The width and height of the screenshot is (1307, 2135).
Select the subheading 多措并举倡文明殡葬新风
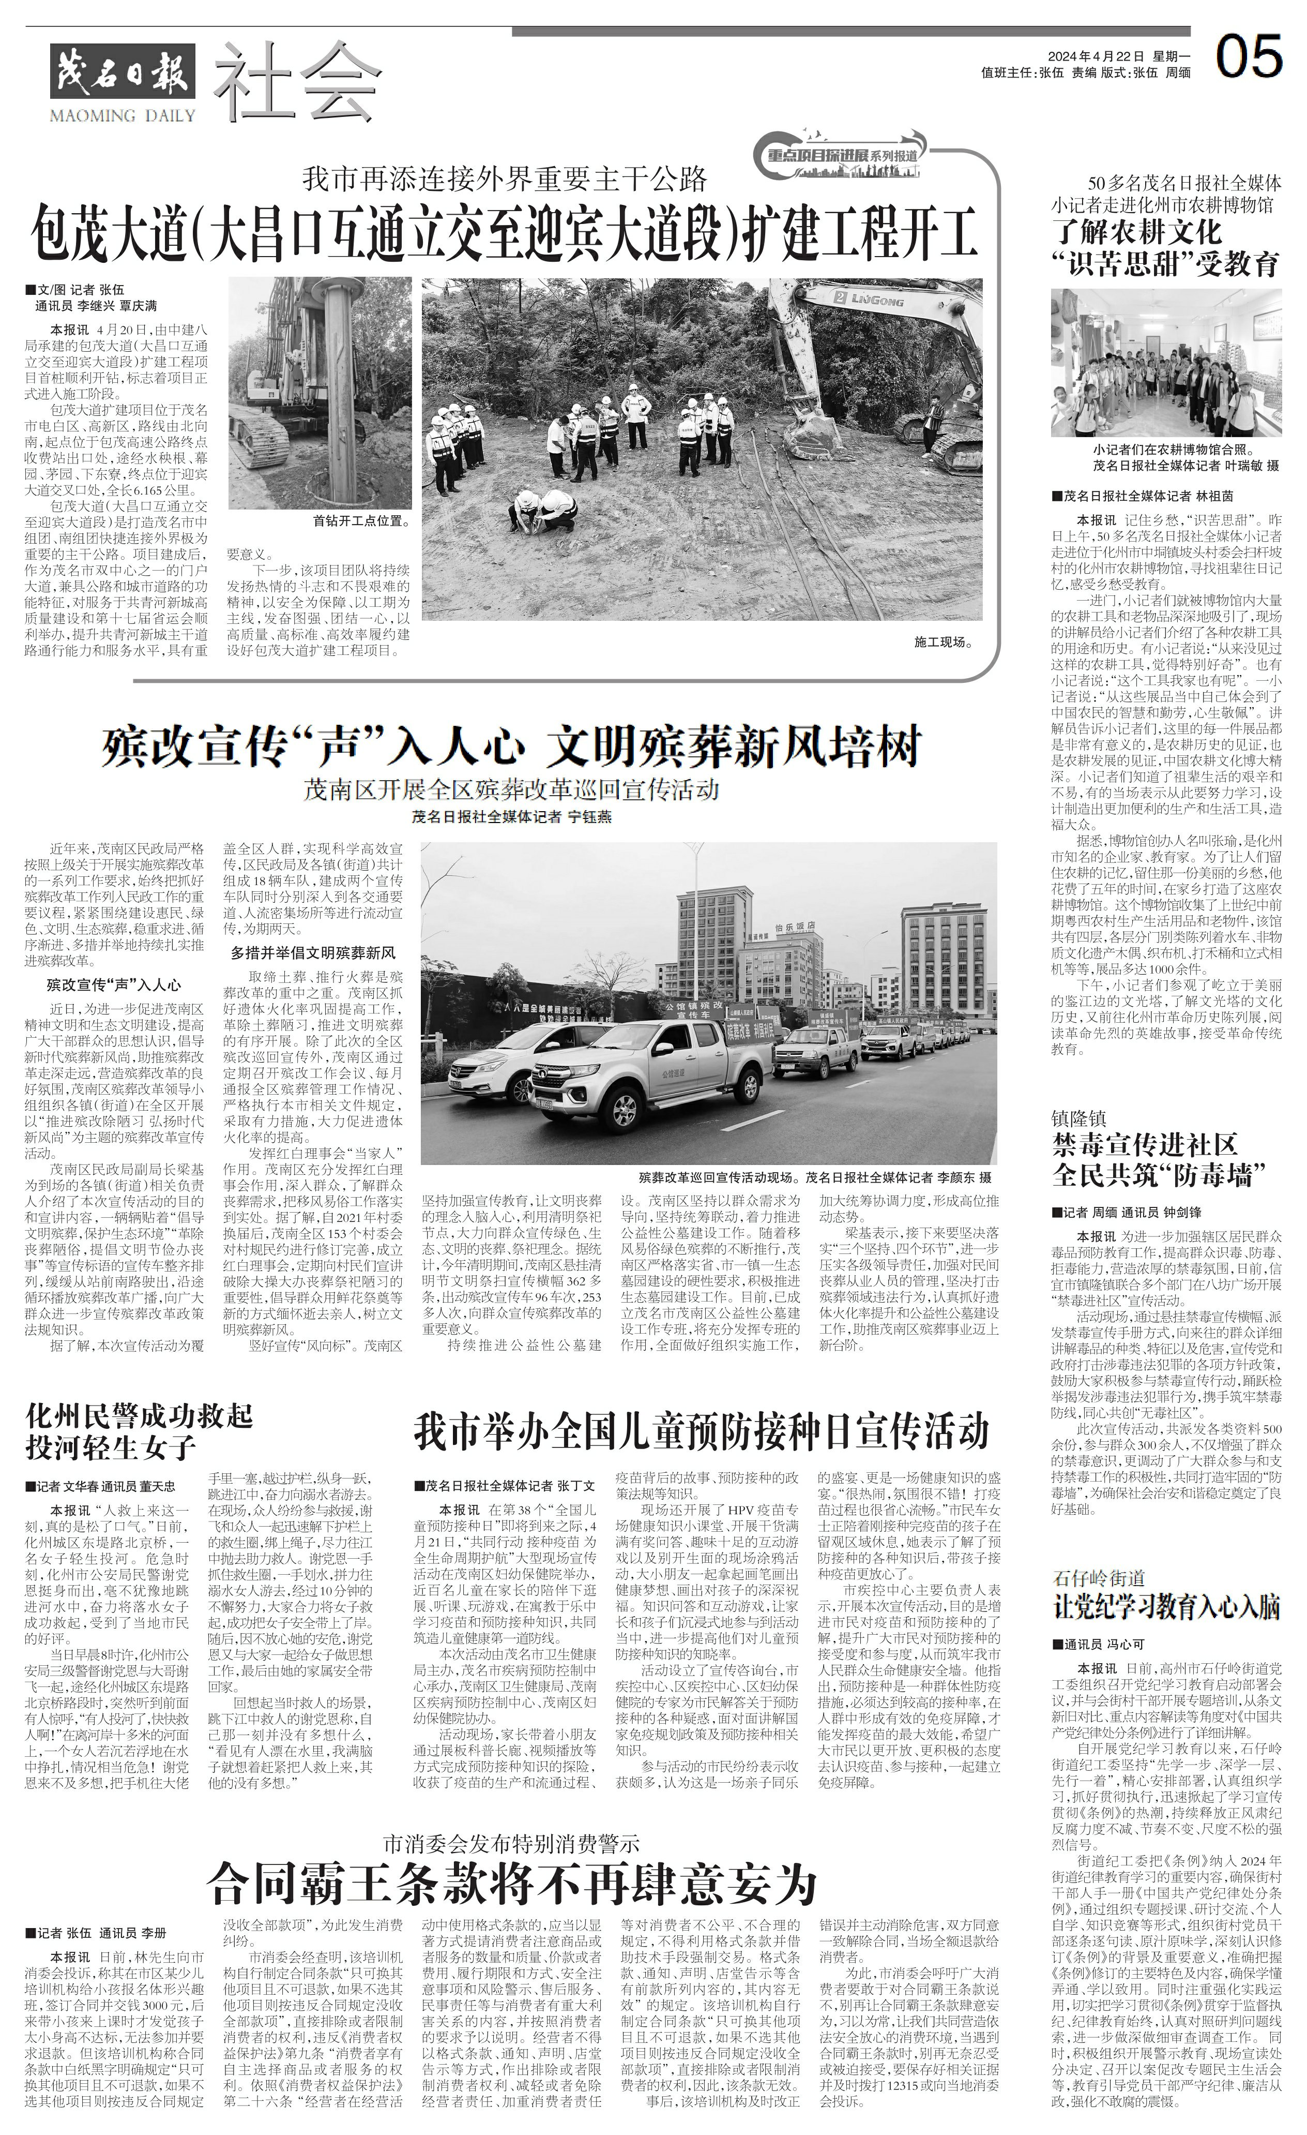coord(313,953)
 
